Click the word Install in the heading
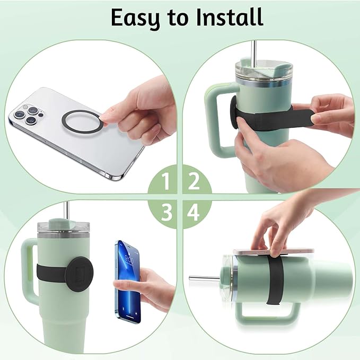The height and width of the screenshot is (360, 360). click(x=229, y=17)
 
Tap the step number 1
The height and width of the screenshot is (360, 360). click(x=166, y=182)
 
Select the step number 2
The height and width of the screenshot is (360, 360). click(x=194, y=182)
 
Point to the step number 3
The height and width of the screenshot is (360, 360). click(x=166, y=213)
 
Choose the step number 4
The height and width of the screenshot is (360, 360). click(x=194, y=213)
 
